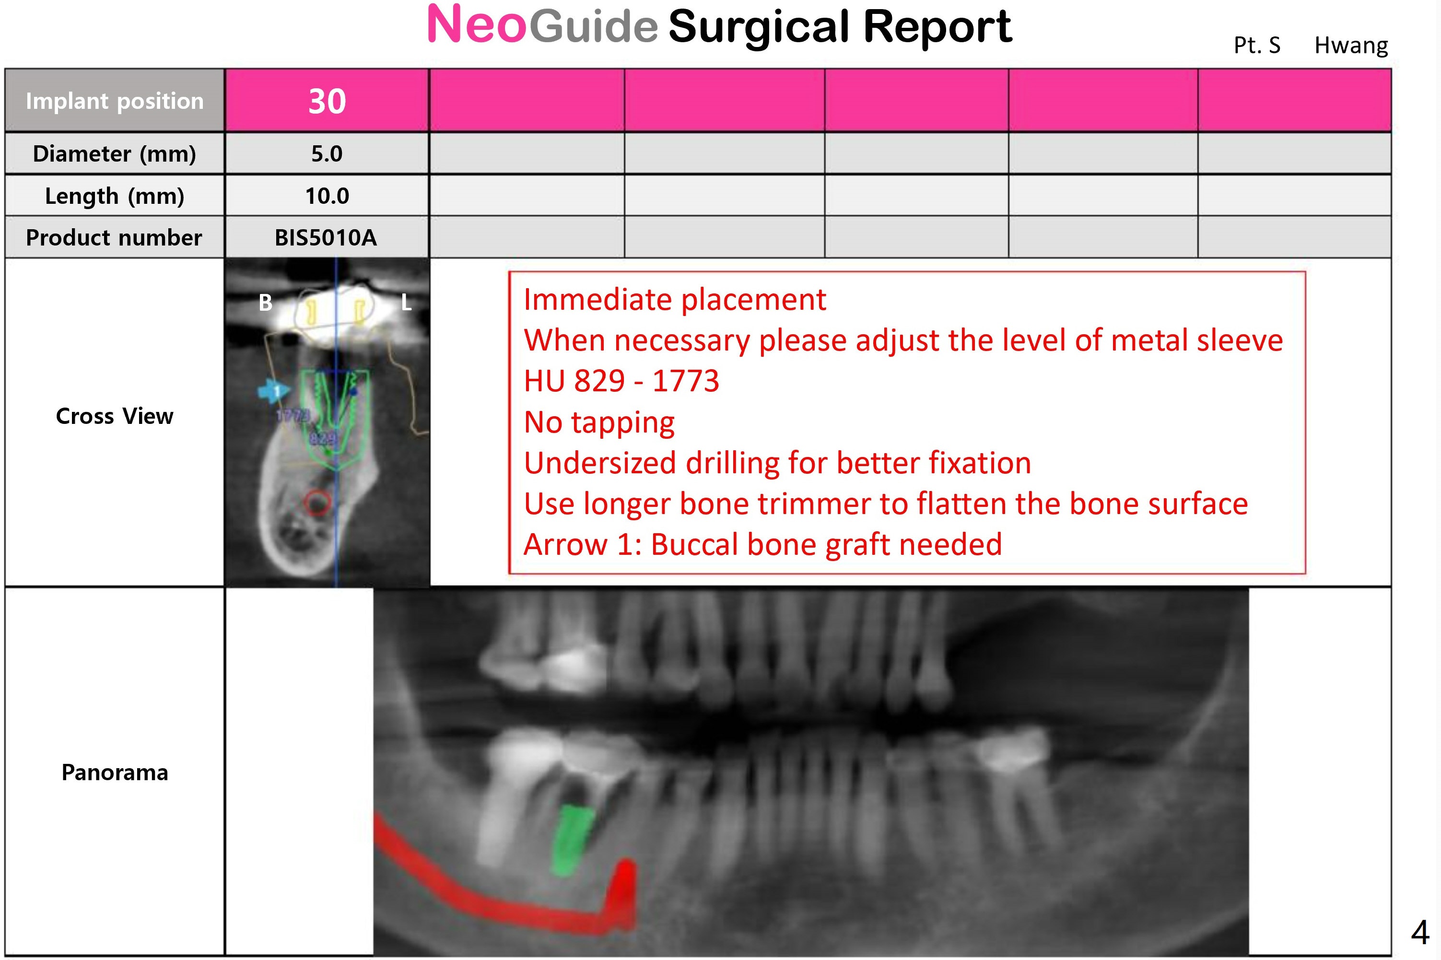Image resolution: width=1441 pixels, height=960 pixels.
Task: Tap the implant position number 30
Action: [x=327, y=101]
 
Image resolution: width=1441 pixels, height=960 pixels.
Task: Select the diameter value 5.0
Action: [x=327, y=153]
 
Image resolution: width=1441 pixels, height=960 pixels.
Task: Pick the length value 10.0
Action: [x=327, y=196]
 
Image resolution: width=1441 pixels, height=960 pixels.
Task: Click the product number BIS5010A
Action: [x=326, y=237]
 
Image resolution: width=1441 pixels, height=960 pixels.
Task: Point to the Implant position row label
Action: [x=115, y=101]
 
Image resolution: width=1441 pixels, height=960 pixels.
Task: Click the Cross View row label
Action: [x=115, y=416]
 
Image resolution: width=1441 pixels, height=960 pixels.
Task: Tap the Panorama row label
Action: [x=115, y=773]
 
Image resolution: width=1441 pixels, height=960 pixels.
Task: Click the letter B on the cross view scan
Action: [x=265, y=303]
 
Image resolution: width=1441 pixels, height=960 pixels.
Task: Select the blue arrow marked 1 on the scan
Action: [x=273, y=391]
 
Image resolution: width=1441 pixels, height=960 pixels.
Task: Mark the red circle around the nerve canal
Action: [x=318, y=503]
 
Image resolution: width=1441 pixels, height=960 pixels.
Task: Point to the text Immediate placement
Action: [x=675, y=300]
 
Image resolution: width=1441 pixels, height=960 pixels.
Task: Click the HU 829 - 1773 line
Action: [x=621, y=381]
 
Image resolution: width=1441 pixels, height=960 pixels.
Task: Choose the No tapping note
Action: [x=599, y=422]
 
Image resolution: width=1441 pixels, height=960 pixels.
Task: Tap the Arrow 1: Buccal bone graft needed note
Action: [x=763, y=545]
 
